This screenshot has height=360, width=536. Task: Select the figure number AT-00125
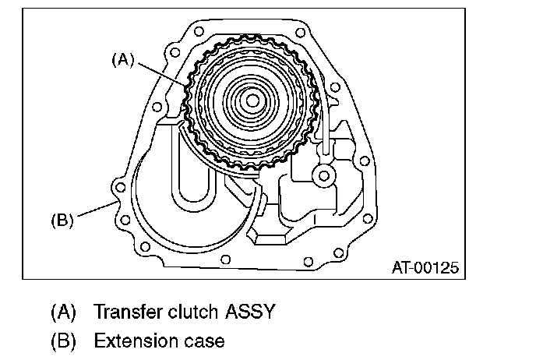pos(425,267)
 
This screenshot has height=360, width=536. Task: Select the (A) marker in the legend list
pos(64,312)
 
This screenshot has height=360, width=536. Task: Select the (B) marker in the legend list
pos(64,341)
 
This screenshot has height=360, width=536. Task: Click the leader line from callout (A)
pos(164,73)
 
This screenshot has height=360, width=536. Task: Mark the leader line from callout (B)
pos(97,211)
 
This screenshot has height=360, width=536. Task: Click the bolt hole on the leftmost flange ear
pos(119,188)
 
